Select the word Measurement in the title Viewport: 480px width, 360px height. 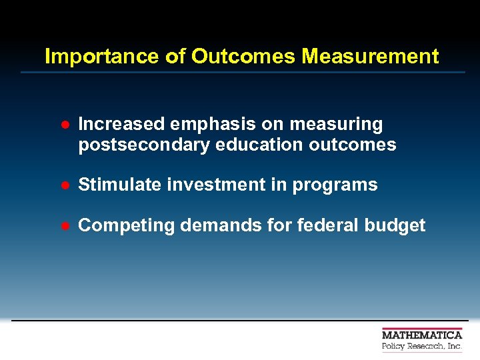pyautogui.click(x=370, y=57)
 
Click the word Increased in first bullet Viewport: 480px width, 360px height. pyautogui.click(x=121, y=125)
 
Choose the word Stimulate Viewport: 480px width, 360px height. pyautogui.click(x=120, y=185)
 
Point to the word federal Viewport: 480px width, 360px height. pyautogui.click(x=319, y=225)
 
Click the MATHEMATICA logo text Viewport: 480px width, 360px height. pyautogui.click(x=422, y=335)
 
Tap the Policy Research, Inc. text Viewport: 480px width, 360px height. pyautogui.click(x=422, y=347)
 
